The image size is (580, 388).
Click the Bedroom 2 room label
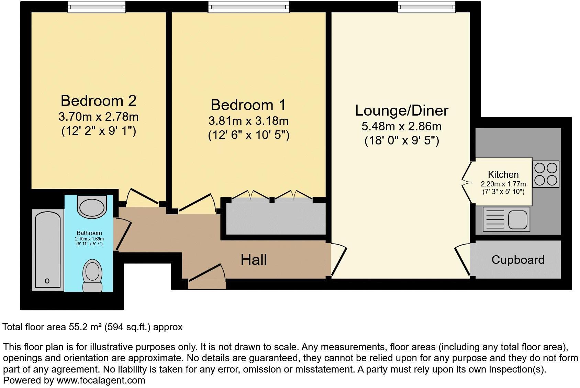tap(99, 101)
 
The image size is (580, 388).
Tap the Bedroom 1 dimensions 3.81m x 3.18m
tap(248, 121)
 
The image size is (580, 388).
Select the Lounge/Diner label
tap(401, 110)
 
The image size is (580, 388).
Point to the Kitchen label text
tap(503, 174)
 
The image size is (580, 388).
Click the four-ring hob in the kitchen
tap(546, 174)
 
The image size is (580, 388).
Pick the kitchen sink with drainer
tap(506, 219)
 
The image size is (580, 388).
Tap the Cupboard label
tap(517, 260)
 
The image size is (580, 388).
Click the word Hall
tap(254, 260)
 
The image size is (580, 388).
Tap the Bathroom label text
tap(89, 233)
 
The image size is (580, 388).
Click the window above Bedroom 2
tap(96, 7)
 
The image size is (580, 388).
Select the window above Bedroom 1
tap(248, 7)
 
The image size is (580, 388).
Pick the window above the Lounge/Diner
tap(426, 7)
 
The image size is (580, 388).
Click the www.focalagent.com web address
tap(101, 380)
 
